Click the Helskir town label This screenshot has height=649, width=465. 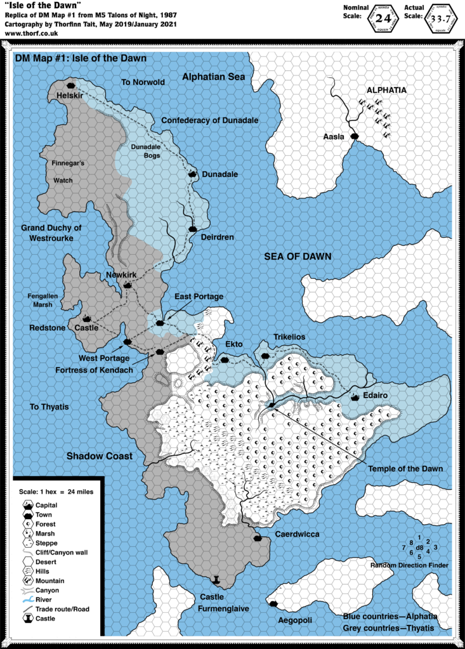click(70, 95)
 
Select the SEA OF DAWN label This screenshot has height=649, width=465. click(298, 255)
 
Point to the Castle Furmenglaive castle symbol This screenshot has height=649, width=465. click(216, 580)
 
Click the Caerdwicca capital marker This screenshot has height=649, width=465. click(258, 538)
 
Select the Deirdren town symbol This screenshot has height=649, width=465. click(192, 229)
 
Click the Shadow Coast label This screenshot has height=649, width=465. click(99, 456)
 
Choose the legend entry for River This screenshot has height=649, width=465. click(48, 600)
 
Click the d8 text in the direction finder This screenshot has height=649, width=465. click(419, 546)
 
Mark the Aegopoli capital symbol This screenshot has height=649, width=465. click(273, 605)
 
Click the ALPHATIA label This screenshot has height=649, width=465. click(386, 90)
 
